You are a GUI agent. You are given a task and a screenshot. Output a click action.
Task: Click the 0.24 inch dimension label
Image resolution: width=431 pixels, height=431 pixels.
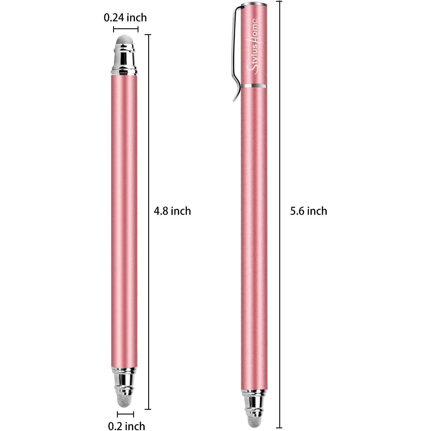coord(125,18)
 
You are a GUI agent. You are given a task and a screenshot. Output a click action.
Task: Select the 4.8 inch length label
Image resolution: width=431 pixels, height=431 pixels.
coord(172,211)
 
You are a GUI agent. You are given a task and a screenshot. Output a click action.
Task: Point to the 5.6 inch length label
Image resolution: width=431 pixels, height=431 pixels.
coord(308,211)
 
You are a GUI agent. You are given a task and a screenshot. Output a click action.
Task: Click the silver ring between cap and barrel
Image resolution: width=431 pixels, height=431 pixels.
coord(254,86)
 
